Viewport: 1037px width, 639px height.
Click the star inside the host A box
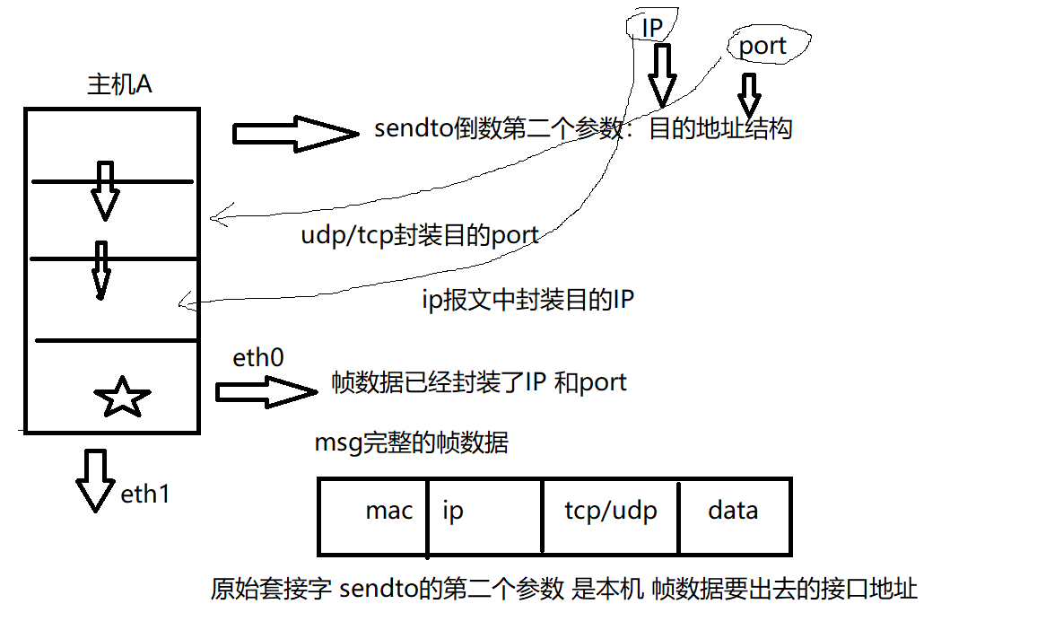122,398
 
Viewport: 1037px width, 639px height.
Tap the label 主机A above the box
118,85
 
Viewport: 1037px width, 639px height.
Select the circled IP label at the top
652,28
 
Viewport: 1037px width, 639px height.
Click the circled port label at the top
762,46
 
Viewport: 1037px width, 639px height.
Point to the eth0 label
258,358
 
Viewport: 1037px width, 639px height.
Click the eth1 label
144,494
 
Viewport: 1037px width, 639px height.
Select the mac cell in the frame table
389,511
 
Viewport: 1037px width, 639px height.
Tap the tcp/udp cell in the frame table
611,511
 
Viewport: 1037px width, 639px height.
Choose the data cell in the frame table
733,511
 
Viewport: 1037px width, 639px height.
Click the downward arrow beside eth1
95,480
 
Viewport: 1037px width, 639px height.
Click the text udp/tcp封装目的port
420,235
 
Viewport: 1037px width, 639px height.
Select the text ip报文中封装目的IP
527,299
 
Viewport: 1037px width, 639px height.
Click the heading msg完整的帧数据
411,442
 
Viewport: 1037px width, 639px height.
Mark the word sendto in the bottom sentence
379,590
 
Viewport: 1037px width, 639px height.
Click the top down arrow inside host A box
105,190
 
